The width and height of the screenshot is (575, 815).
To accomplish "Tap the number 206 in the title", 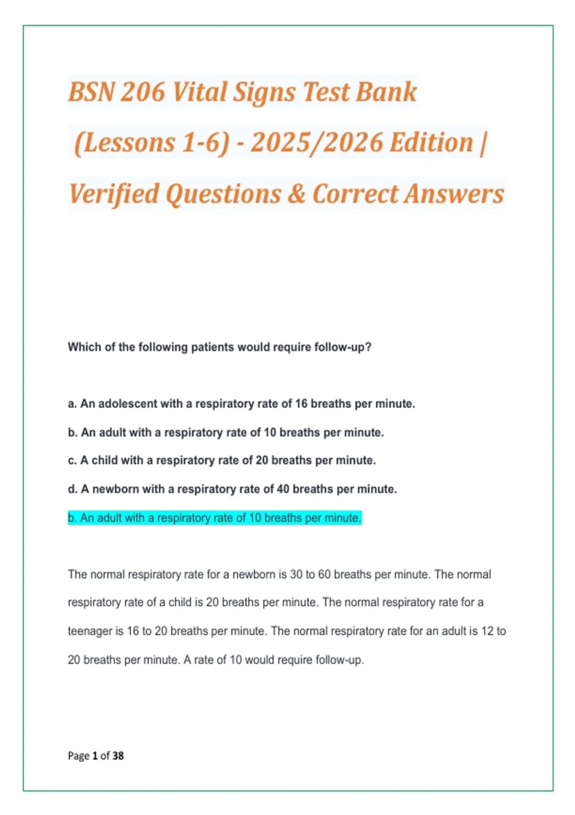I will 142,92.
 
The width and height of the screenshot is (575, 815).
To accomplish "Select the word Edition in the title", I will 431,143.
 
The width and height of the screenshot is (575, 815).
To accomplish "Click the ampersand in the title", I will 297,194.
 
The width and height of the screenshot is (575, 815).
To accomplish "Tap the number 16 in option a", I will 301,404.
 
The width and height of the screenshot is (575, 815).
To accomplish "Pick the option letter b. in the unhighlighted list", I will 72,432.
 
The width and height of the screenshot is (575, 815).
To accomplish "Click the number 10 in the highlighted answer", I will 255,518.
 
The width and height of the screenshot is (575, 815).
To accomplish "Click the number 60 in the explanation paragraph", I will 324,574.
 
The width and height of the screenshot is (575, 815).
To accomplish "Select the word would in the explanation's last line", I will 259,660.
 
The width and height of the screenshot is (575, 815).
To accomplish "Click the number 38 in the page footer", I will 118,756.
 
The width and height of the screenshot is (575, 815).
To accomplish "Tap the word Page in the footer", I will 79,756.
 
